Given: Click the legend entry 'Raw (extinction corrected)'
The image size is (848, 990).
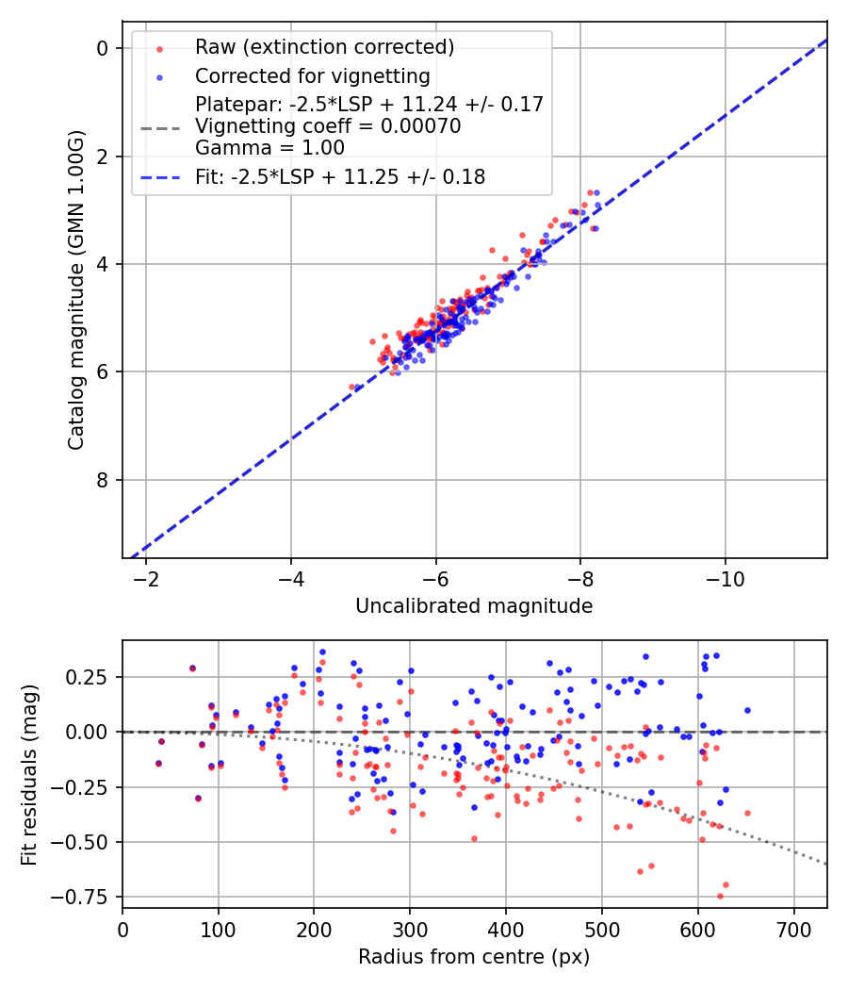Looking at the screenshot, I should tap(324, 47).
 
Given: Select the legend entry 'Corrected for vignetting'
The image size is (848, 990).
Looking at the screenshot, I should tap(312, 75).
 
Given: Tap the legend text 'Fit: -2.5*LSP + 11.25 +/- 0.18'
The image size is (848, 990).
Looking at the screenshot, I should tap(340, 176).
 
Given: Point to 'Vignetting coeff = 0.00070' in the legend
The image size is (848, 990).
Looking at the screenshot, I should tap(328, 126).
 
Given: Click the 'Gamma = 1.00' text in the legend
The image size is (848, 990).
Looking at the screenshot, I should tap(269, 148).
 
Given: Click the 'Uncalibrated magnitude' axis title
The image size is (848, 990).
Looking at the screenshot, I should tap(474, 606).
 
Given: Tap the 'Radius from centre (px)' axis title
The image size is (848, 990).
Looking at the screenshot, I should tap(474, 957).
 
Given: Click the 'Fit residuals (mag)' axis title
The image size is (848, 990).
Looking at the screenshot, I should tap(29, 774).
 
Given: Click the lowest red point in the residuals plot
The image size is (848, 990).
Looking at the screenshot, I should tap(720, 896).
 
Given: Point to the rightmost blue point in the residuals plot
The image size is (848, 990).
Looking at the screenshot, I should tap(747, 710).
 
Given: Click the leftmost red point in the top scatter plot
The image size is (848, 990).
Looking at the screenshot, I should tap(352, 387).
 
